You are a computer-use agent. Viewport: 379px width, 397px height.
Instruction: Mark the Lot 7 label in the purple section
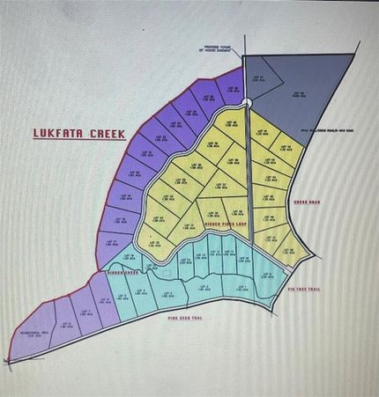[x=85, y=312]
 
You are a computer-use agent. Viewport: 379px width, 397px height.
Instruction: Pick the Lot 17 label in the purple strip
[x=111, y=242]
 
